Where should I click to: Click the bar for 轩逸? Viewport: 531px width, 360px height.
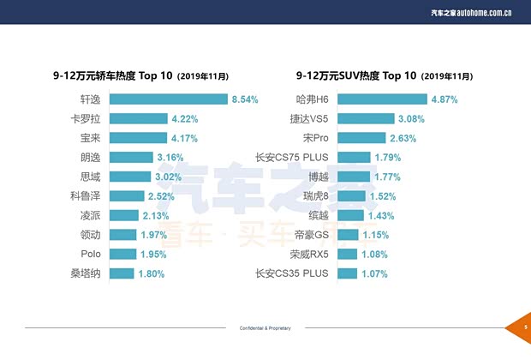(x=168, y=99)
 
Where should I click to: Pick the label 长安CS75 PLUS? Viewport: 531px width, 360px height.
(x=292, y=157)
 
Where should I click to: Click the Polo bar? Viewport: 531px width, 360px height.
(x=123, y=255)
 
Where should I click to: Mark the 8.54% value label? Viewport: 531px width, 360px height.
(x=245, y=99)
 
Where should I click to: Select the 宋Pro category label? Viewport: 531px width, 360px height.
(x=315, y=138)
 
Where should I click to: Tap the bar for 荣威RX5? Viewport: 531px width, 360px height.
(x=349, y=255)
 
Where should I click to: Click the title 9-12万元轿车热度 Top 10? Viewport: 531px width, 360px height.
(x=113, y=75)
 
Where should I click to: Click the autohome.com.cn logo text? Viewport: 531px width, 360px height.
(x=483, y=13)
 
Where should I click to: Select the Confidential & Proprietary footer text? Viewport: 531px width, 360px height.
(x=265, y=328)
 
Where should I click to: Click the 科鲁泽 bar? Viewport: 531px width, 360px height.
(x=128, y=196)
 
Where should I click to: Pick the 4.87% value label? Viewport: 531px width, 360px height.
(x=445, y=99)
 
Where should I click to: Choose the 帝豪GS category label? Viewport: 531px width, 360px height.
(x=310, y=235)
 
